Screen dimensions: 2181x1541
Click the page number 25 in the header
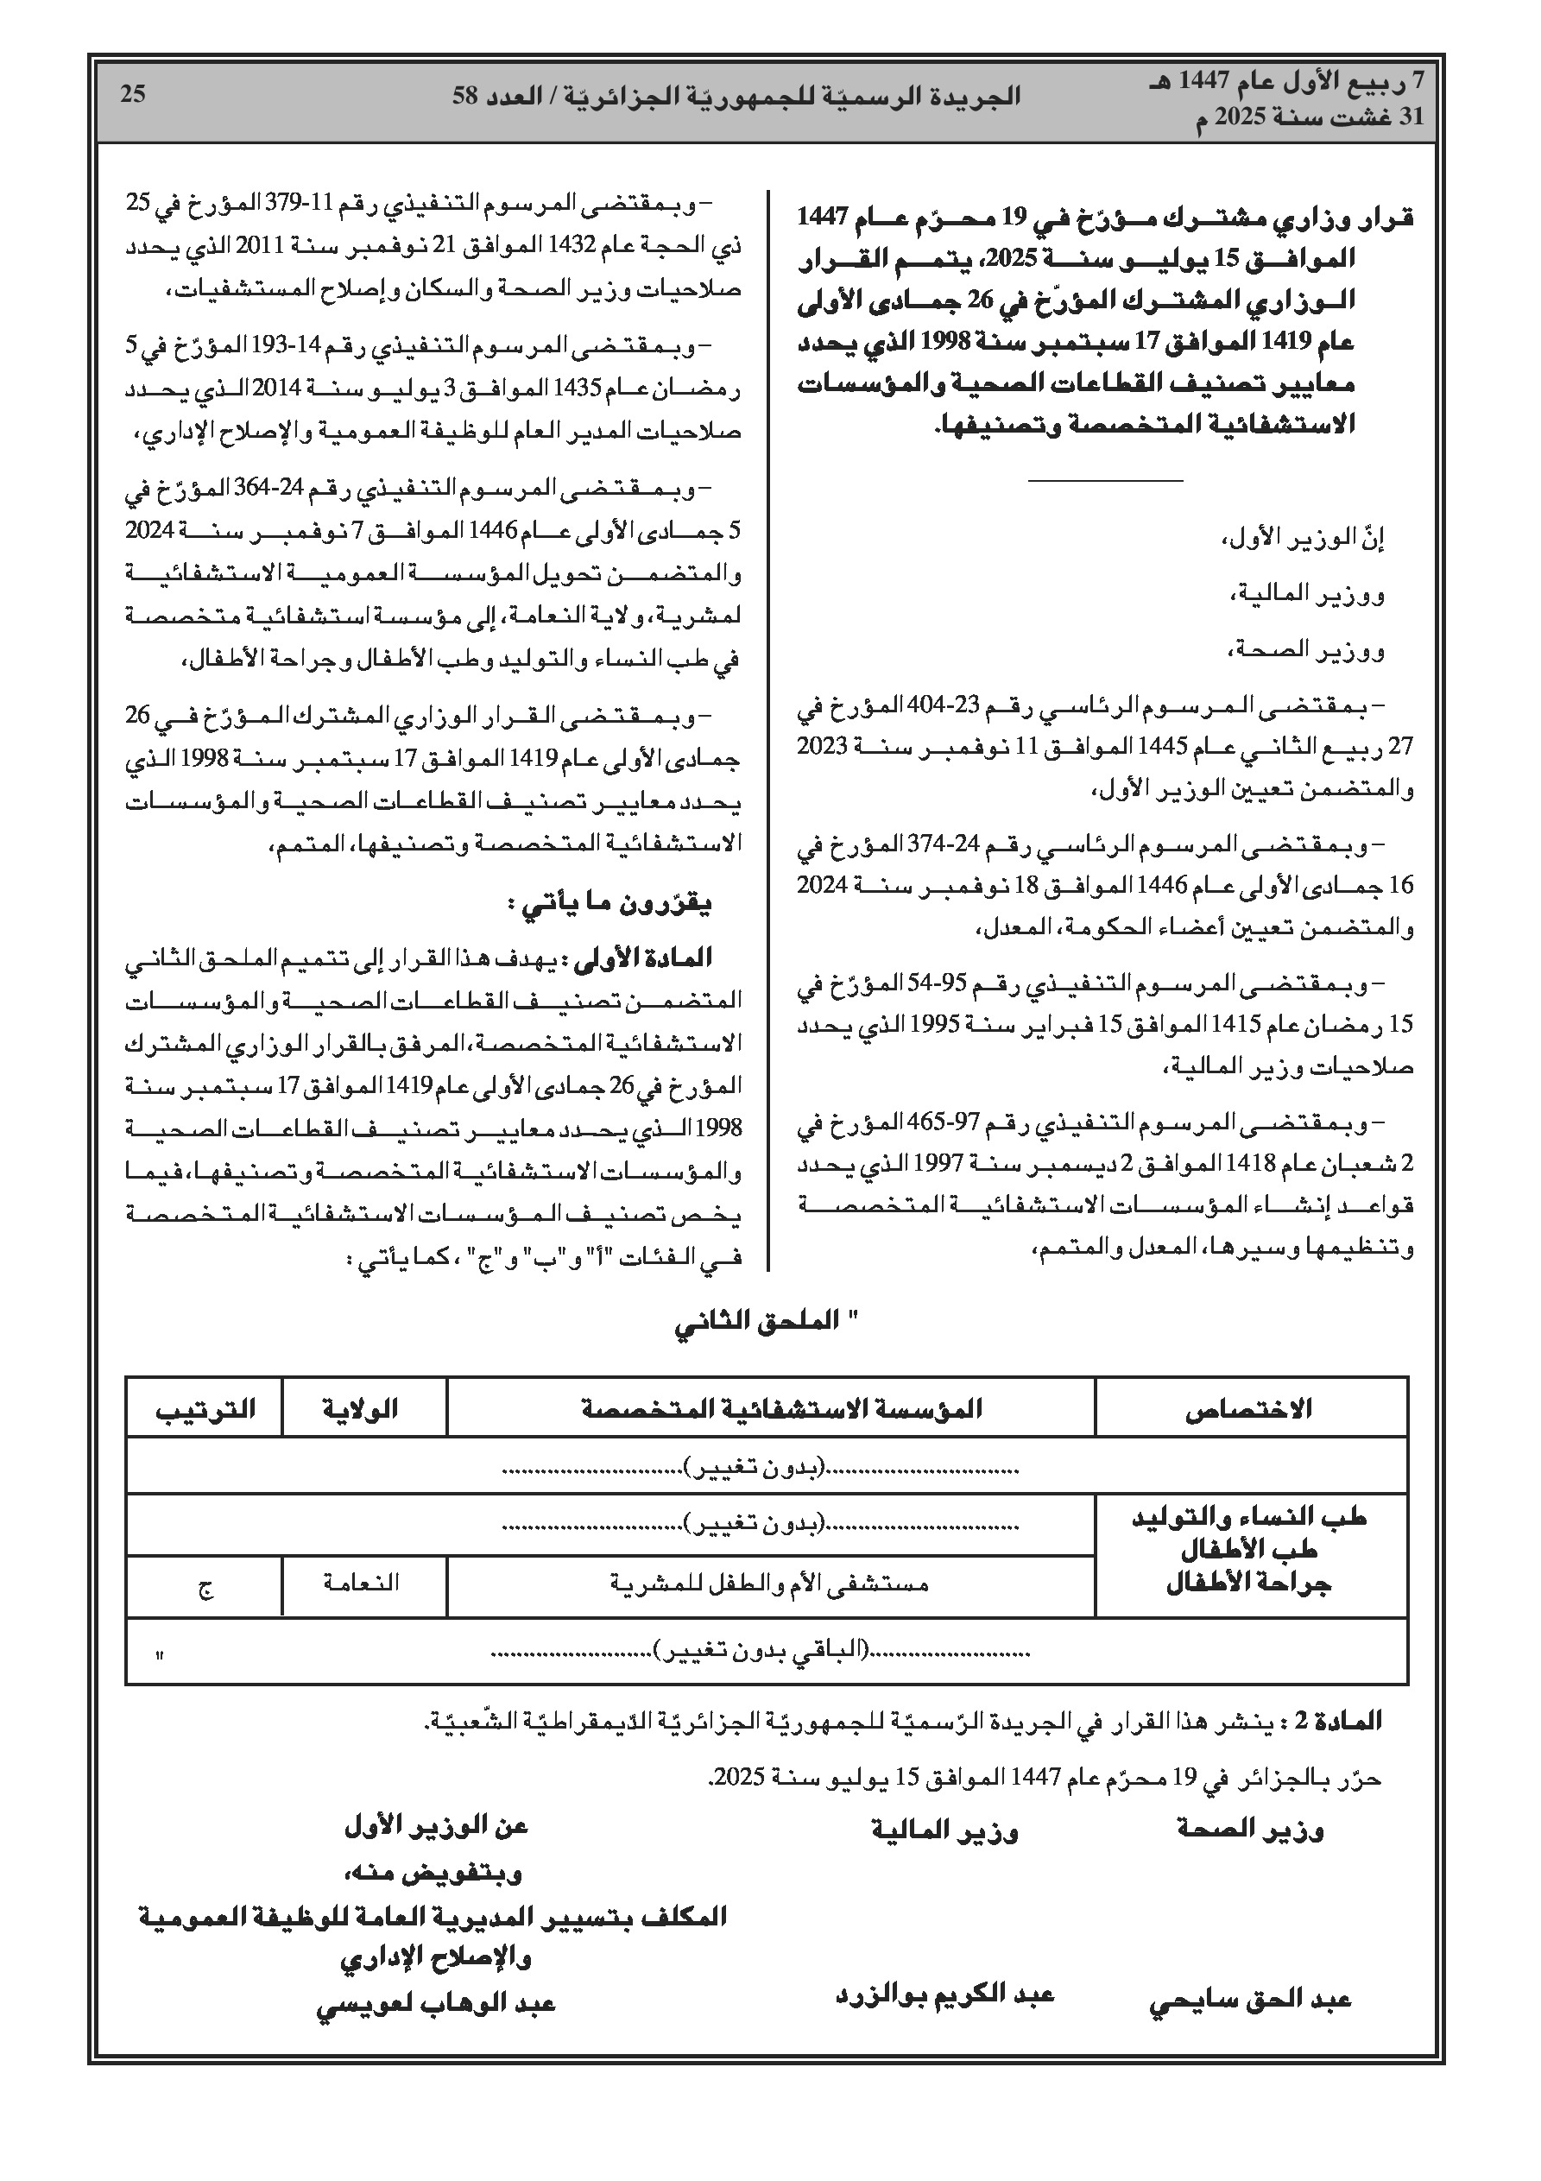click(x=133, y=94)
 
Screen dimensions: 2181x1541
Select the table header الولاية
click(x=363, y=1409)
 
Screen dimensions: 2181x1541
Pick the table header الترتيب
click(x=205, y=1409)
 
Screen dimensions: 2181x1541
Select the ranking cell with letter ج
click(x=205, y=1585)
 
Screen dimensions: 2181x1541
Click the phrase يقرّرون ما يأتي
click(x=611, y=904)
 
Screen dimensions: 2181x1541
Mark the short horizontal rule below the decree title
click(x=1105, y=482)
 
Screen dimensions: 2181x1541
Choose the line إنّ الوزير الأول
click(x=1303, y=541)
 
